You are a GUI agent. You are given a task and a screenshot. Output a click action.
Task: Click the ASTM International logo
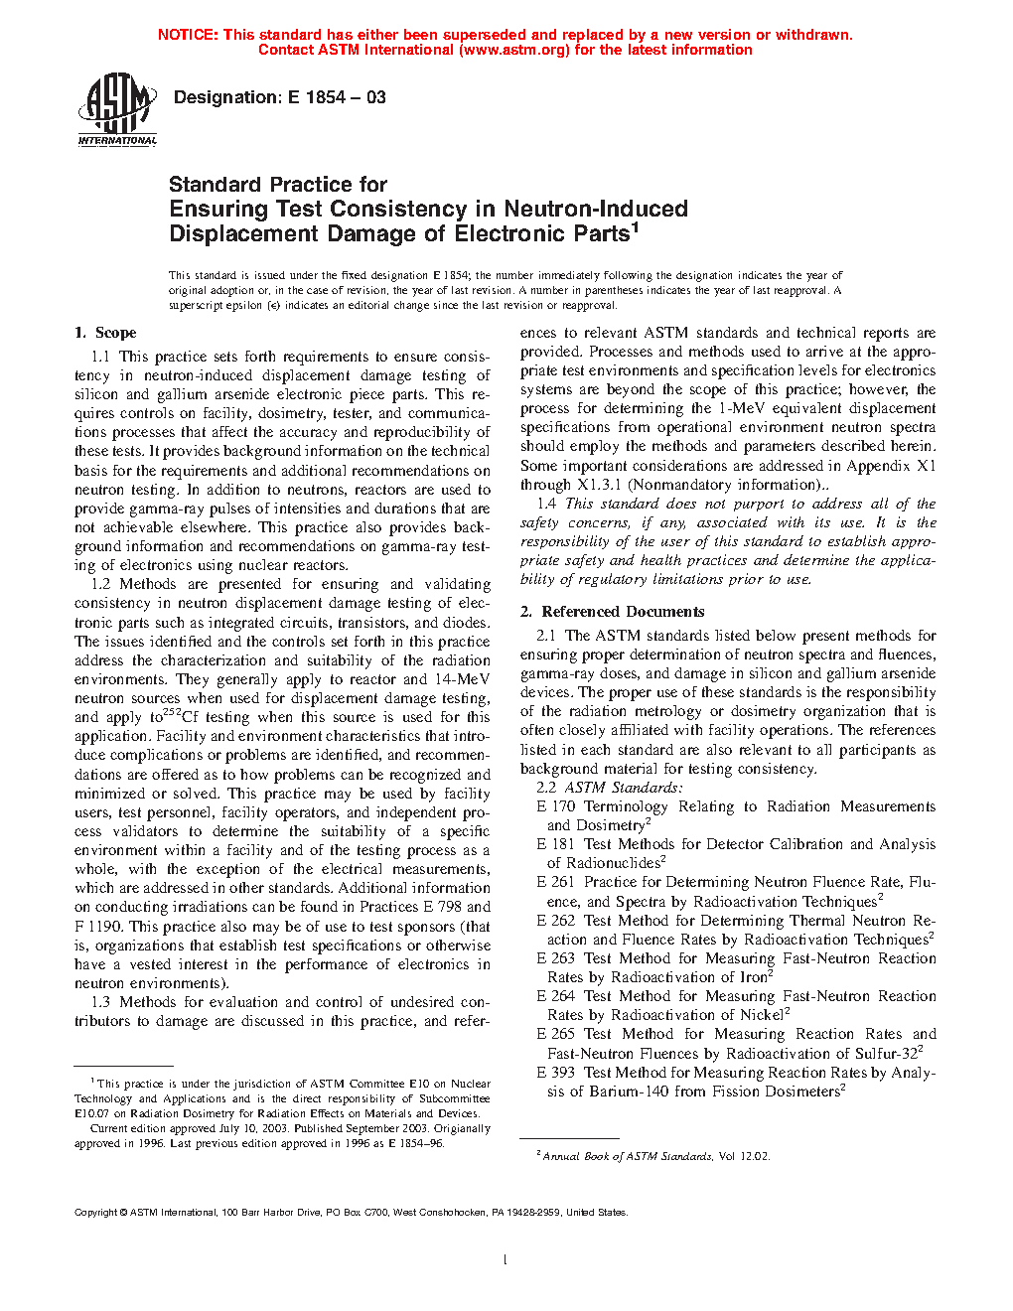pos(117,109)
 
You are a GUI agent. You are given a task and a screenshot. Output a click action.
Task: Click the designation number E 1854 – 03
pos(337,97)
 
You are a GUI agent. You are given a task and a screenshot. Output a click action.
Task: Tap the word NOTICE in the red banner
pos(188,35)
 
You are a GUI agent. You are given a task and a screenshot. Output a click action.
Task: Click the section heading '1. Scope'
pos(105,333)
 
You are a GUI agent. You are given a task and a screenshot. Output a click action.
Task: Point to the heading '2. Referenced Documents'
pos(612,612)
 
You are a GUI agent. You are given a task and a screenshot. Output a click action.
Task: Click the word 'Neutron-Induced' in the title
pos(596,210)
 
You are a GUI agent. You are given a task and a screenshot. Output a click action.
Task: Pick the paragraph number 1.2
pos(100,584)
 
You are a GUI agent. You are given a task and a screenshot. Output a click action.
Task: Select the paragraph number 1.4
pos(546,504)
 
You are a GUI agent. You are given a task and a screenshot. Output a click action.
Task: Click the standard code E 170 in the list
pos(555,806)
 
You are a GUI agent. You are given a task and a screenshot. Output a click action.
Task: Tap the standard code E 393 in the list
pos(555,1073)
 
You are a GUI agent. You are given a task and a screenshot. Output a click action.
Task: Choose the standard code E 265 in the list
pos(555,1034)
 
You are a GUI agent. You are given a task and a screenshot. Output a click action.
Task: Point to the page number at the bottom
pos(506,1260)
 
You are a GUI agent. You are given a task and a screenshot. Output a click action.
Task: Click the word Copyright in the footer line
pos(96,1213)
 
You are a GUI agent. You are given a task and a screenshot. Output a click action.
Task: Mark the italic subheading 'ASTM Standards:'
pos(624,788)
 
